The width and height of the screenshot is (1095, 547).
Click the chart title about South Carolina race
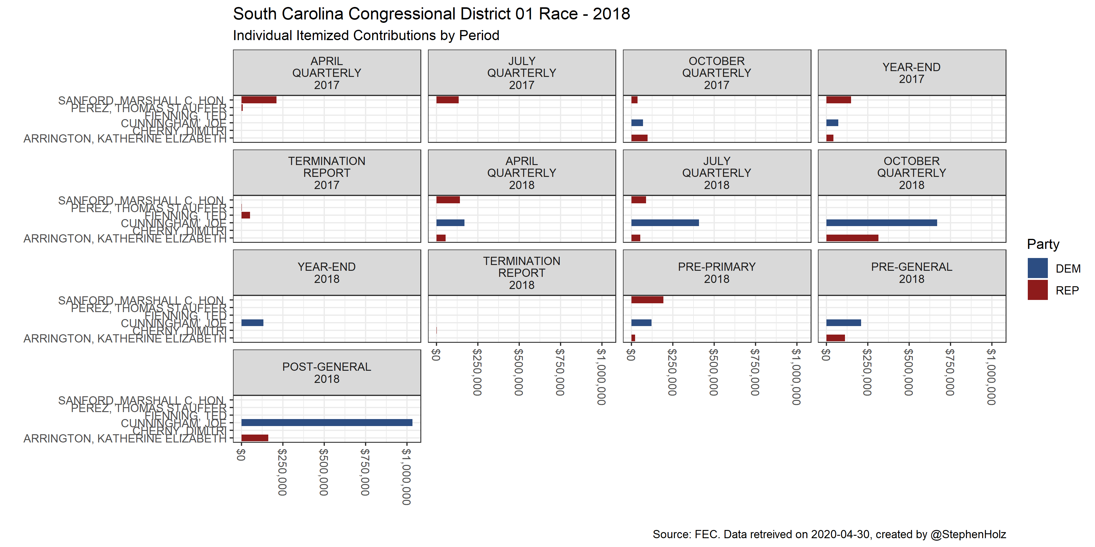(431, 14)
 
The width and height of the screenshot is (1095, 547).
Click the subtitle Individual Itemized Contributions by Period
(366, 35)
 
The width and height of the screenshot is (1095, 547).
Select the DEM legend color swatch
(1037, 268)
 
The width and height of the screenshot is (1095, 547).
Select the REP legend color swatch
(1037, 290)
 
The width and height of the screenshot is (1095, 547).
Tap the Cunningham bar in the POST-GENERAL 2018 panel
(326, 423)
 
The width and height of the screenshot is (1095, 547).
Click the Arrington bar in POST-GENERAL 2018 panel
(255, 438)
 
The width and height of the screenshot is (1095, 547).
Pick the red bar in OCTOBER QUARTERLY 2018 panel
(852, 238)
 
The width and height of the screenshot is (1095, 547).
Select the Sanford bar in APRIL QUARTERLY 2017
(259, 100)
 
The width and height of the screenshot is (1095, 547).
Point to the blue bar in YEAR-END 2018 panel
(252, 323)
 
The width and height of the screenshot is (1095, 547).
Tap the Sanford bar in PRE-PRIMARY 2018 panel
(647, 300)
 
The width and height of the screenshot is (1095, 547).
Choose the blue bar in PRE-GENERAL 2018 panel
(843, 323)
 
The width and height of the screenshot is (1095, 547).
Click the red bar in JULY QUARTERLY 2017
(447, 100)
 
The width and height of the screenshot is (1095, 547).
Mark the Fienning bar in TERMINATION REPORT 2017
(246, 215)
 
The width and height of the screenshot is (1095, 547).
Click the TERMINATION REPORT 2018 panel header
(522, 273)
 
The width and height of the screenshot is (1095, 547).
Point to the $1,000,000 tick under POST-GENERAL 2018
(406, 476)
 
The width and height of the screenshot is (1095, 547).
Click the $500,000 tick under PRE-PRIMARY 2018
(714, 372)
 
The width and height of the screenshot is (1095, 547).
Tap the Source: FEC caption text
(829, 534)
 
